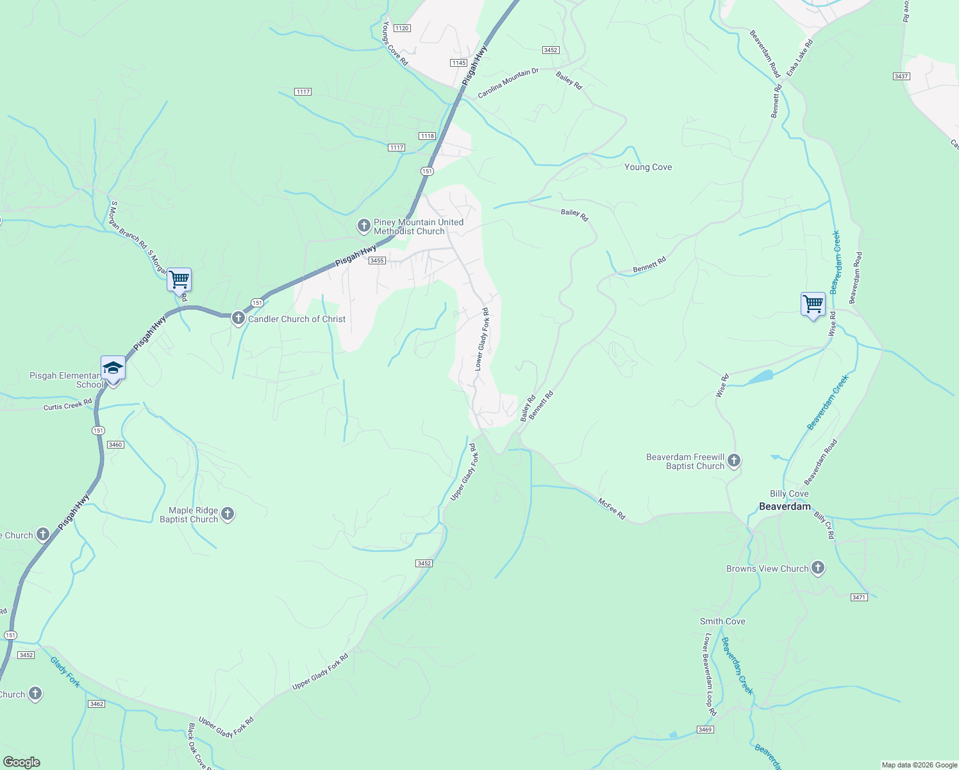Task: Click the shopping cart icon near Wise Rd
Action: (813, 304)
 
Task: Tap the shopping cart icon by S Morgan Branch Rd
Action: (179, 280)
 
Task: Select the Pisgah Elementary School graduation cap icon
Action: (113, 368)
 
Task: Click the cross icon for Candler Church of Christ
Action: (238, 318)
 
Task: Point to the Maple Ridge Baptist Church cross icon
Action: (228, 514)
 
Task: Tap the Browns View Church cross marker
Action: (817, 568)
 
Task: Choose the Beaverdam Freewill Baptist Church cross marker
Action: (735, 461)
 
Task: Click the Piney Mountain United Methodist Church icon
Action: (364, 226)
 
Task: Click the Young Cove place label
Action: (648, 167)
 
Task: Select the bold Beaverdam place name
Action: (785, 506)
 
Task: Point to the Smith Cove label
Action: (722, 621)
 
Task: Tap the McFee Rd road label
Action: (612, 509)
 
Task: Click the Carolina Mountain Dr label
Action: (508, 84)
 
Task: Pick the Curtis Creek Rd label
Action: (68, 406)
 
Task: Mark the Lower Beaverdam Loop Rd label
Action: (710, 675)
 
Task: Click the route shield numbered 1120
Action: (402, 28)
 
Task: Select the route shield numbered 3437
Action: (901, 76)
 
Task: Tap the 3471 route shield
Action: (859, 597)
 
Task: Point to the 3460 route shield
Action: (115, 445)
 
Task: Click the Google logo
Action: (21, 762)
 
